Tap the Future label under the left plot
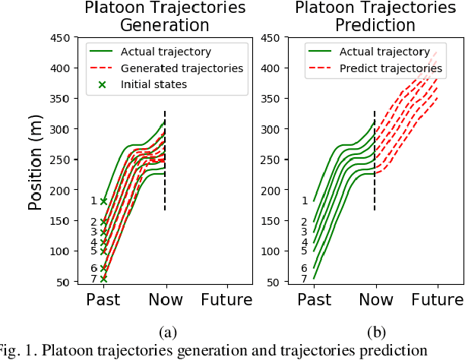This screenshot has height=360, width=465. click(226, 300)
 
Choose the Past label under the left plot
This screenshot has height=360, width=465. click(103, 300)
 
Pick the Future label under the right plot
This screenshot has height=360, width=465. click(437, 300)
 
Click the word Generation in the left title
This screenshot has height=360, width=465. click(165, 25)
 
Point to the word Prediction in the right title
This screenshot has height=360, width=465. click(375, 25)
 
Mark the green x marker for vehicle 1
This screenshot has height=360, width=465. click(103, 201)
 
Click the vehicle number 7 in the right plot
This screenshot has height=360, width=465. click(304, 279)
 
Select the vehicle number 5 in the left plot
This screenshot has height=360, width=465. click(93, 251)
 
